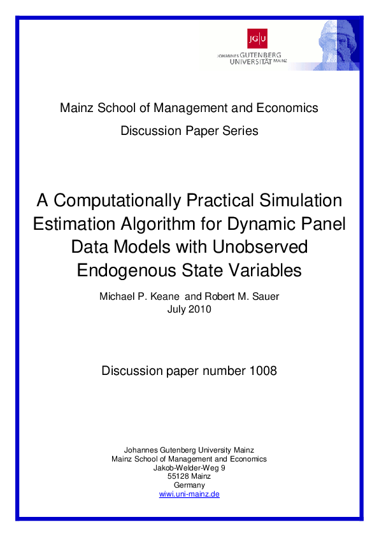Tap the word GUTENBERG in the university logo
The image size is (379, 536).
click(x=263, y=55)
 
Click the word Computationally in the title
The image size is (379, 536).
click(x=118, y=201)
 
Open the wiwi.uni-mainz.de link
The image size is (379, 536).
click(x=189, y=494)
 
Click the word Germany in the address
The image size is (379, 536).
click(x=189, y=485)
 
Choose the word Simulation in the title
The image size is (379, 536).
click(x=297, y=201)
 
